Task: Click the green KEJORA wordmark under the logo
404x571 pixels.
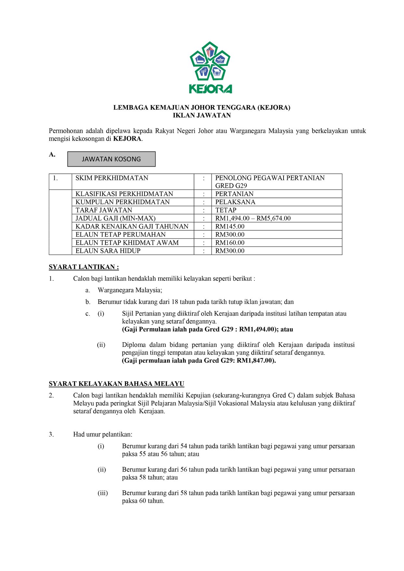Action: [210, 89]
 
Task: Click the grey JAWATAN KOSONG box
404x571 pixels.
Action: [111, 159]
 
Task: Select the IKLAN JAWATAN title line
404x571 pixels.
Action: [202, 115]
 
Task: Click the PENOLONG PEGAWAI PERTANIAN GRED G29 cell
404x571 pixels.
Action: [270, 182]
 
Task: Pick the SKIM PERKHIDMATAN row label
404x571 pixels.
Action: [112, 178]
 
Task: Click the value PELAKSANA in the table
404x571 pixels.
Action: [235, 202]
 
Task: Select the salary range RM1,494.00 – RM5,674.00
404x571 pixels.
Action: [253, 218]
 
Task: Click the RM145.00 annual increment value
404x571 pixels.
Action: [230, 226]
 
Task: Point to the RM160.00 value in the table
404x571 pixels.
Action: [230, 243]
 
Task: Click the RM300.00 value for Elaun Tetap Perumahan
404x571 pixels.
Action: [230, 235]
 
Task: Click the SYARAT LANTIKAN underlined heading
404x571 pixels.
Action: [84, 267]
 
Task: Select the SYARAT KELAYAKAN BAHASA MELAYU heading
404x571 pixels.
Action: [116, 384]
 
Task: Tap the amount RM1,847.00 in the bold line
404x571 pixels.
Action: [255, 360]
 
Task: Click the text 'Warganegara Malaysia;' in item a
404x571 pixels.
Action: [130, 290]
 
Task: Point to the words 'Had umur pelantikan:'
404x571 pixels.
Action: [103, 434]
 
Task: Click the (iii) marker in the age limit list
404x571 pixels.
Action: [103, 493]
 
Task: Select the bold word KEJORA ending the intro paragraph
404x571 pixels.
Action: [127, 139]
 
